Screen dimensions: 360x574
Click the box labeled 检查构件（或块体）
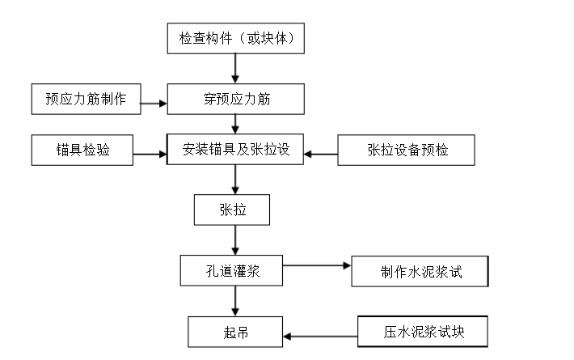tap(236, 37)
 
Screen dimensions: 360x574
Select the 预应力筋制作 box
tap(85, 100)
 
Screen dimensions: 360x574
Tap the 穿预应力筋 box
tap(236, 100)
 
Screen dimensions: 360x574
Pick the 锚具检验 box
tap(82, 150)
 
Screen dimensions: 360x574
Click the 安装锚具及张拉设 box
tap(236, 150)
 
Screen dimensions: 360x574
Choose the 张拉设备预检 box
tap(405, 150)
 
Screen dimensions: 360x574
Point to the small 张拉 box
tap(232, 210)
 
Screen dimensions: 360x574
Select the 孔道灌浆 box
tap(231, 270)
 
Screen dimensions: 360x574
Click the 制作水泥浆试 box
tap(420, 272)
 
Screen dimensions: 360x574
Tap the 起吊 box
tap(235, 332)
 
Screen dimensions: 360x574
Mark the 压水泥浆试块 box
tap(423, 332)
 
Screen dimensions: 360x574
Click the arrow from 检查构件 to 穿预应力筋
tap(235, 67)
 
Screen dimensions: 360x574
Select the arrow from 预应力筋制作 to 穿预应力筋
tap(153, 102)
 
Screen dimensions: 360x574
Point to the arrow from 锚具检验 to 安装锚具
tap(150, 153)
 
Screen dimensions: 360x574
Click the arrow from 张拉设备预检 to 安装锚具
tap(321, 153)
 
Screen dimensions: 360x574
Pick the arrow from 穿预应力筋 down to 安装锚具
tap(235, 124)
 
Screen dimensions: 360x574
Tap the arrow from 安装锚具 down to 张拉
tap(235, 180)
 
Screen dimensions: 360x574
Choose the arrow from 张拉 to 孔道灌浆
tap(235, 239)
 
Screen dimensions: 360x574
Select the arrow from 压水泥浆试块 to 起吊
tap(320, 336)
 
